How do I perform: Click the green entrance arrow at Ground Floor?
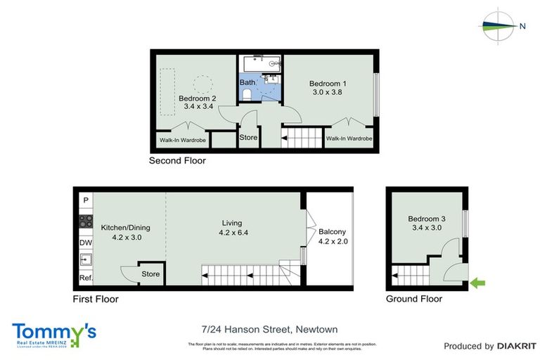coord(477,283)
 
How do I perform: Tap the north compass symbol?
coord(501,26)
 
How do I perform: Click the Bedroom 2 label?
coord(197,103)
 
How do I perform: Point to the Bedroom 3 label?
coord(427,223)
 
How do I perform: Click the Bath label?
coord(247,82)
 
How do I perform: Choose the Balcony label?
coord(333,236)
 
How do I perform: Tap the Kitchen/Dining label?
coord(126,232)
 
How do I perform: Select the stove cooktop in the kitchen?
coord(86,221)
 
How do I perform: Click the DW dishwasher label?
coord(85,243)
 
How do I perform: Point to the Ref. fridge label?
coord(86,278)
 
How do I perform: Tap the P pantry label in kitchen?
coord(86,200)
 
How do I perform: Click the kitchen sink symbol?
coord(85,260)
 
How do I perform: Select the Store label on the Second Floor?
coord(248,138)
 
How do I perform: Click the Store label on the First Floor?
coord(151,274)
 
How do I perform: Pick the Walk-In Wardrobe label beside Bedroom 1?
coord(349,139)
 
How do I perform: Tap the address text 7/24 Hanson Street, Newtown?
coord(270,328)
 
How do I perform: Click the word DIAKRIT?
coord(517,346)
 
